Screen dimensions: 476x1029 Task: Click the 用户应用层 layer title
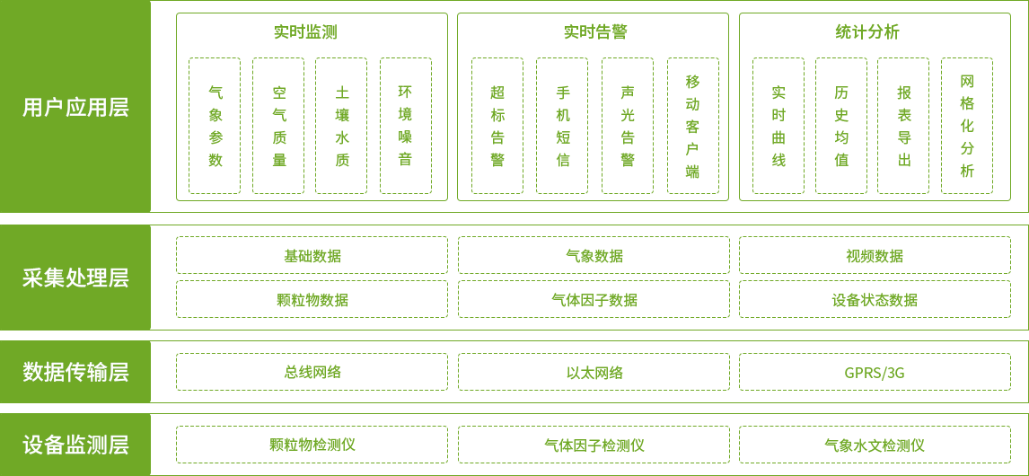75,108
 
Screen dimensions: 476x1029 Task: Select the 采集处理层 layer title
75,278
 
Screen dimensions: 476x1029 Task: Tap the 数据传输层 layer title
75,372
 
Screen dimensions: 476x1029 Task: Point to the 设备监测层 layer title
75,445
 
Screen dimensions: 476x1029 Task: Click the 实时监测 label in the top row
309,32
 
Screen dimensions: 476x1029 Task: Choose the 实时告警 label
595,32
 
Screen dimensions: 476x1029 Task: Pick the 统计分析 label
868,32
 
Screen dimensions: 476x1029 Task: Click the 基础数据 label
308,256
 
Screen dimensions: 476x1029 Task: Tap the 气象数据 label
595,256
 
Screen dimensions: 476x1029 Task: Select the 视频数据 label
868,256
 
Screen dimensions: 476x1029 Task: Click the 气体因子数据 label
596,300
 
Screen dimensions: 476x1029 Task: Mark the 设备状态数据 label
868,300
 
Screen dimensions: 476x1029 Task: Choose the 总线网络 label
308,373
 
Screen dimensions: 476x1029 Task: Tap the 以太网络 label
595,373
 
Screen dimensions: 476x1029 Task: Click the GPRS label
868,373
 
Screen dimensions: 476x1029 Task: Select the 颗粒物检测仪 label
309,445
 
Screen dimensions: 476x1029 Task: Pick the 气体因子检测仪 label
588,445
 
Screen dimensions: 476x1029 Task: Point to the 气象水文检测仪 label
875,445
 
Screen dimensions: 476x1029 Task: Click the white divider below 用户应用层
514,218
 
